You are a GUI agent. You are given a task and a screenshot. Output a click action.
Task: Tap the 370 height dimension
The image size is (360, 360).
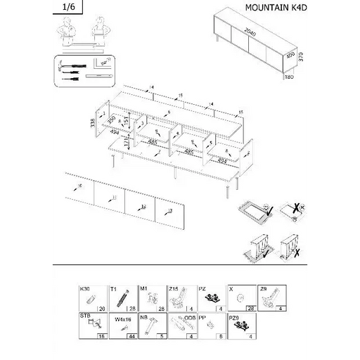pos(301,57)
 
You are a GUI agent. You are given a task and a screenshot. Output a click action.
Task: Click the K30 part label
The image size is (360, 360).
pos(85,289)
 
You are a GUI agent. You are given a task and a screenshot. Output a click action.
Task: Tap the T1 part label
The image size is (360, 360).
pos(113,289)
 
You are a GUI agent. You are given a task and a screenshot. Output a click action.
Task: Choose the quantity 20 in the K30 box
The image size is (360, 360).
pos(102,308)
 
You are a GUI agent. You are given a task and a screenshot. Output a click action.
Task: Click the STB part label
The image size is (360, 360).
pos(85,316)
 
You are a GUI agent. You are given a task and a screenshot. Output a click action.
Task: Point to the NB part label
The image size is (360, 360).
pos(143,316)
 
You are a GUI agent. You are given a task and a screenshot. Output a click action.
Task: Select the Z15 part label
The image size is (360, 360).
pos(173,289)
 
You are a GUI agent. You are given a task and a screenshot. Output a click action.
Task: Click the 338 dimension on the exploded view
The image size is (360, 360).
pos(92,122)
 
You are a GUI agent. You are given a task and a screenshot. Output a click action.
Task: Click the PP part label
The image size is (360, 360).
pos(202,316)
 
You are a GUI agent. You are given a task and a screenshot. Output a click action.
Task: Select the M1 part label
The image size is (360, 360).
pos(143,289)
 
